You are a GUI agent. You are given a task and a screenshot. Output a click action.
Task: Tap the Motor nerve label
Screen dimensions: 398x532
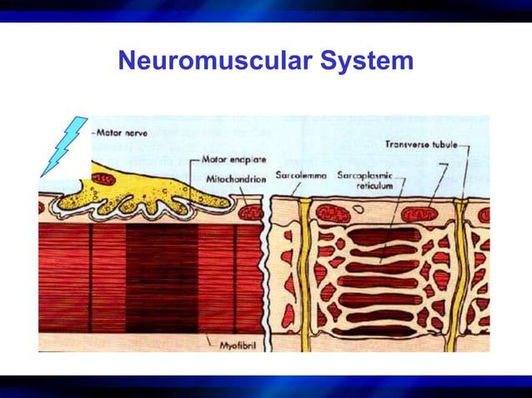[118, 132]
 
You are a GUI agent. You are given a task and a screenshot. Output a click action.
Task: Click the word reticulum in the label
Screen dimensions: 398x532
[375, 187]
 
